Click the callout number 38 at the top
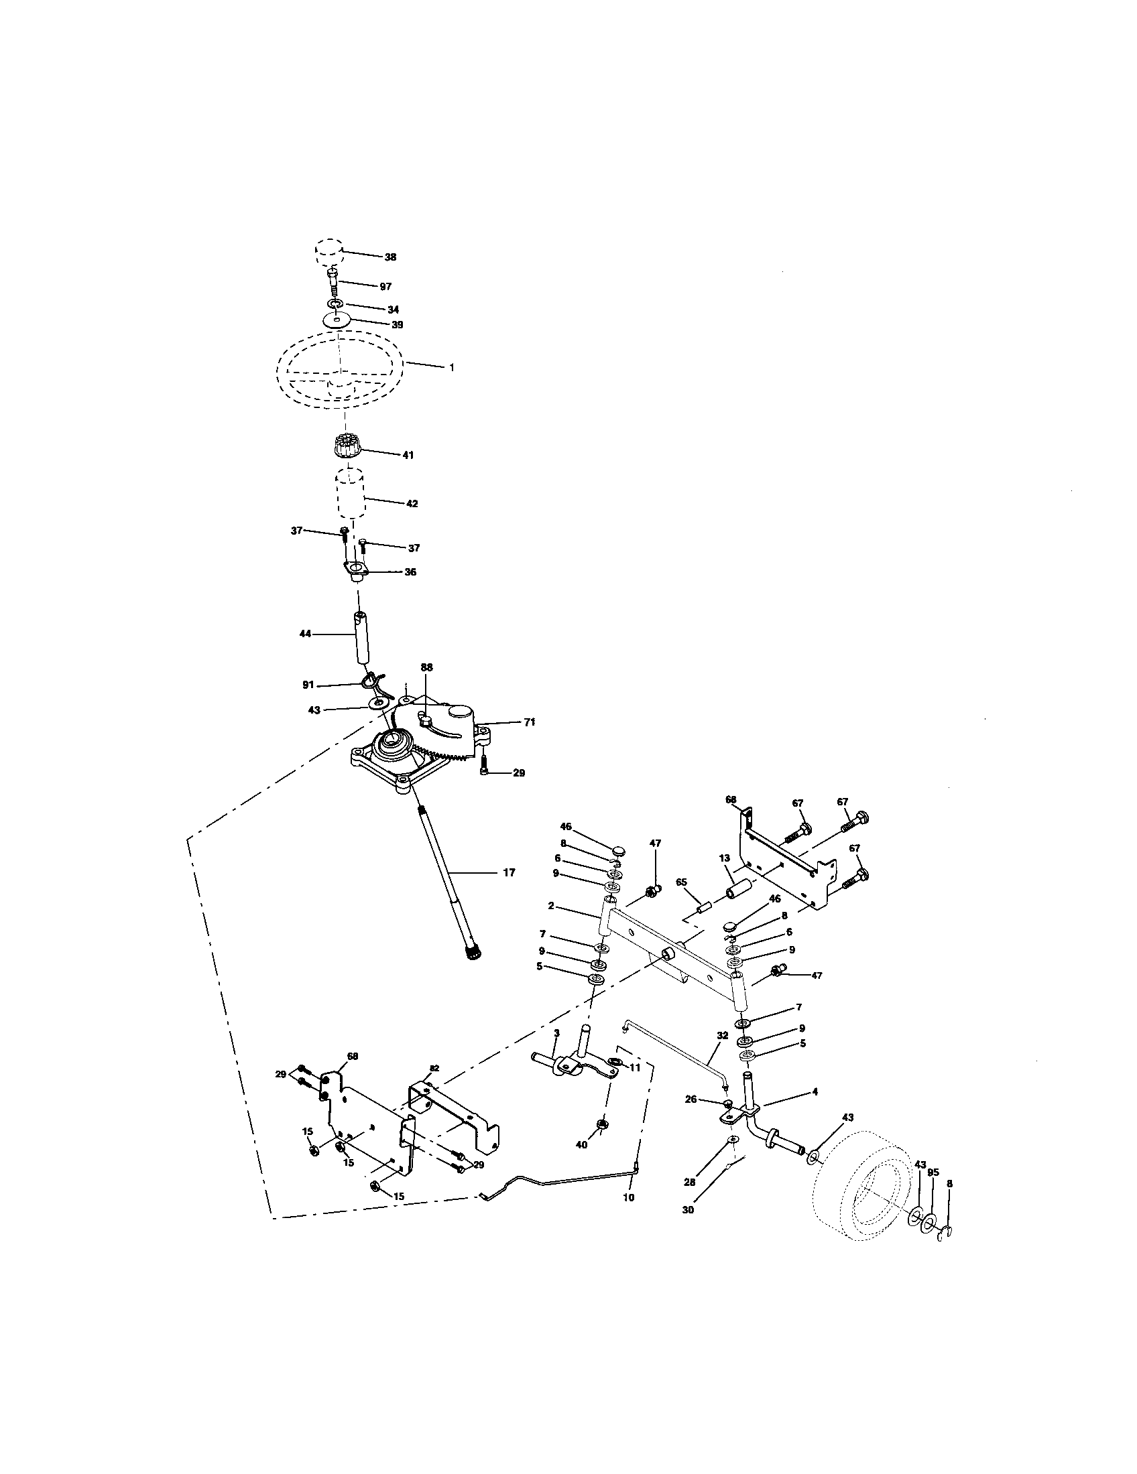(390, 257)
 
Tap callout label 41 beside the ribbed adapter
(408, 455)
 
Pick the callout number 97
(385, 287)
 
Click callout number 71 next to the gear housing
(530, 722)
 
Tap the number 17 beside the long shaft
(509, 872)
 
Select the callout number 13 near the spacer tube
(725, 858)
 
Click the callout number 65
(680, 882)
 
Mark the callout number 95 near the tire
(933, 1172)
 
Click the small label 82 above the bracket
(434, 1069)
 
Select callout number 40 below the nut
(581, 1144)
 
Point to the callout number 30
(688, 1210)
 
